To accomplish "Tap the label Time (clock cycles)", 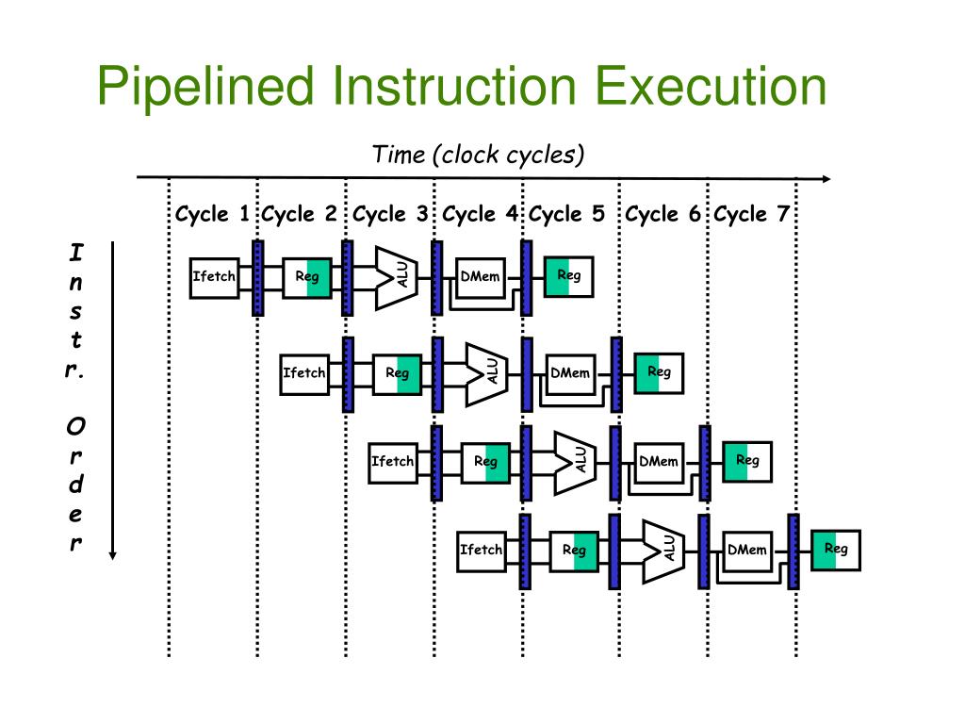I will [479, 154].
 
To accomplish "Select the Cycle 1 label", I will [212, 214].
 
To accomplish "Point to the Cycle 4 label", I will [480, 214].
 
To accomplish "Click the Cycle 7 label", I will [751, 214].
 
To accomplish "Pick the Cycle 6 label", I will [663, 214].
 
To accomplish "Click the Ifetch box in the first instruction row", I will [214, 277].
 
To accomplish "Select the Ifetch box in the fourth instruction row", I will [482, 550].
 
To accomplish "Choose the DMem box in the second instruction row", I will [570, 373].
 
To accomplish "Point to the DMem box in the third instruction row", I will [659, 462].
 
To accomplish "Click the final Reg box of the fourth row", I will [836, 549].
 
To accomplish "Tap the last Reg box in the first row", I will [568, 276].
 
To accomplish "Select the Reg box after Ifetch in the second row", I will [397, 373].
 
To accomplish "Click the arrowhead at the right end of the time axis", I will [826, 179].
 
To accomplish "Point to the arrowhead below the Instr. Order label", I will [112, 554].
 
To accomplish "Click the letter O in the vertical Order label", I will [75, 427].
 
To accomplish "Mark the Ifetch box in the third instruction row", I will [393, 462].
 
